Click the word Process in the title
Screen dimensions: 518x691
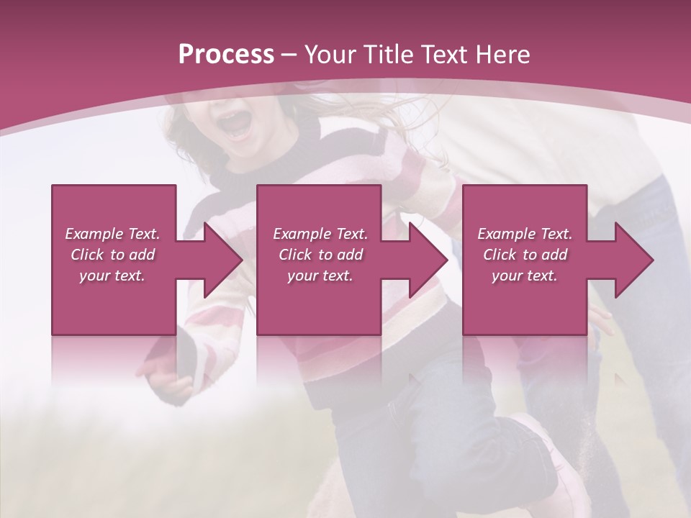pyautogui.click(x=226, y=55)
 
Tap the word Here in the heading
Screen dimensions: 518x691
pyautogui.click(x=503, y=55)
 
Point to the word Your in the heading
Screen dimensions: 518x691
pyautogui.click(x=331, y=55)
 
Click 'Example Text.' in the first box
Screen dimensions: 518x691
pyautogui.click(x=113, y=234)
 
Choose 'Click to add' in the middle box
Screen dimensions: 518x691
pyautogui.click(x=320, y=255)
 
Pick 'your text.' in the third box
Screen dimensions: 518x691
pyautogui.click(x=525, y=276)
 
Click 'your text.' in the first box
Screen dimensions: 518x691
pyautogui.click(x=113, y=276)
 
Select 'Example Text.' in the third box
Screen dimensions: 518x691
pyautogui.click(x=525, y=234)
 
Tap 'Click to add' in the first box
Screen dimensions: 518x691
pyautogui.click(x=113, y=255)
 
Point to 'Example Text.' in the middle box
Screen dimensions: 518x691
pyautogui.click(x=320, y=234)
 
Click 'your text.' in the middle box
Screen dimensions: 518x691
pyautogui.click(x=320, y=276)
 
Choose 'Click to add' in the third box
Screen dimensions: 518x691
pyautogui.click(x=525, y=255)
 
